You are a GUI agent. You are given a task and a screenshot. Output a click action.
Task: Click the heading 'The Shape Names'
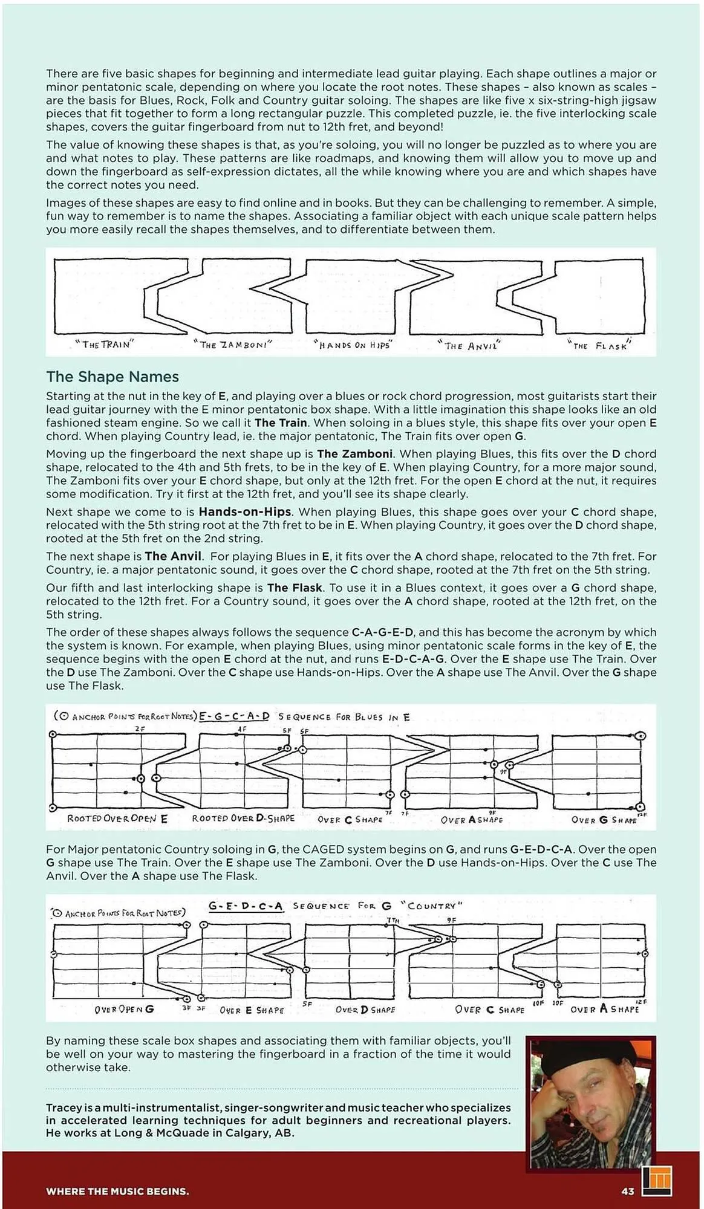click(x=112, y=377)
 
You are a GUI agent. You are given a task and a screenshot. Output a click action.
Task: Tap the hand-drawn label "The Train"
click(x=104, y=345)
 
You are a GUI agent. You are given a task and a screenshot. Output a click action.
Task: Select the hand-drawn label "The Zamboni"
click(x=232, y=345)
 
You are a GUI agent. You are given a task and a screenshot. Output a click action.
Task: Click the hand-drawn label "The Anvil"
click(x=469, y=346)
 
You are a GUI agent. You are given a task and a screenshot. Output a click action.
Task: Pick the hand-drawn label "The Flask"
click(x=600, y=346)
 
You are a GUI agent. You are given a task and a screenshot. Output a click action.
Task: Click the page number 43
click(x=627, y=1191)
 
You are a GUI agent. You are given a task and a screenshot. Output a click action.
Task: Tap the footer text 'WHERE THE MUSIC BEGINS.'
click(x=117, y=1191)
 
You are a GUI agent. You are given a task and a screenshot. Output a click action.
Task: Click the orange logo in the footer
click(x=657, y=1180)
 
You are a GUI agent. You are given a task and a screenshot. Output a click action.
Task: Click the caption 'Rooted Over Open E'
click(x=117, y=818)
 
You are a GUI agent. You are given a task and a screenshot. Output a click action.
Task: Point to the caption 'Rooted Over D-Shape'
click(x=243, y=818)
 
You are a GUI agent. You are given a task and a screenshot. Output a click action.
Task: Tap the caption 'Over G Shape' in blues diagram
click(x=604, y=820)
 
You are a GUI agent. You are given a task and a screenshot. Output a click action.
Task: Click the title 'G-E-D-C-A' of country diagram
click(x=246, y=906)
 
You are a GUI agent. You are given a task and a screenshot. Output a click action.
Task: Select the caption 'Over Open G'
click(x=124, y=1010)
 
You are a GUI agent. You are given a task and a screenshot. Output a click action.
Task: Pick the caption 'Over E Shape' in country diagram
click(x=252, y=1010)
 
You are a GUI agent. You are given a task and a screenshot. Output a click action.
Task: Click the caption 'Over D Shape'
click(x=365, y=1010)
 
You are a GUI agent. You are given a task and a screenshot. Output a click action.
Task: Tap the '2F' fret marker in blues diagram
click(x=140, y=729)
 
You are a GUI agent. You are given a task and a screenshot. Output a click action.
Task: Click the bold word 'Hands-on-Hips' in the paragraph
click(x=245, y=511)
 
